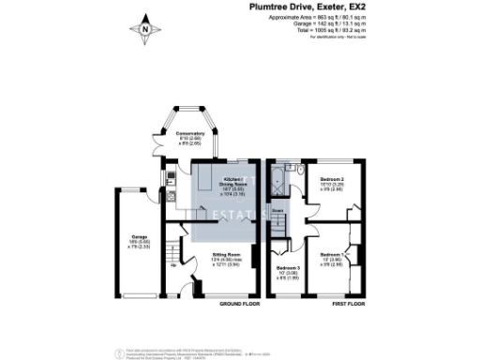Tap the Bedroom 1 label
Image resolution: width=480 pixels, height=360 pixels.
[333, 257]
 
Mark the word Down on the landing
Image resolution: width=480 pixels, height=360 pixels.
[277, 211]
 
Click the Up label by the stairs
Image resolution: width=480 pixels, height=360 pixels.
[172, 263]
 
